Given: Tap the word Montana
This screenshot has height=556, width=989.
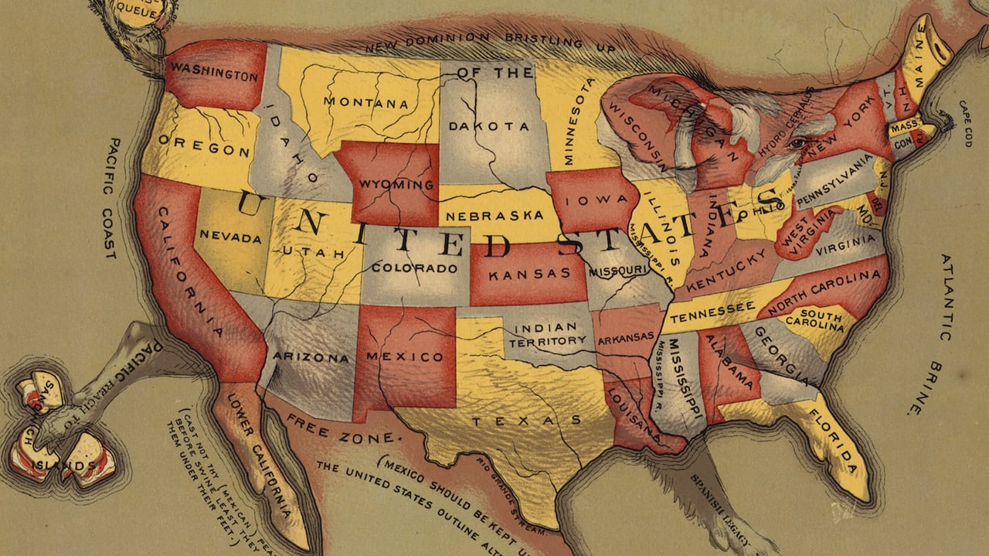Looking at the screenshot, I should click(366, 102).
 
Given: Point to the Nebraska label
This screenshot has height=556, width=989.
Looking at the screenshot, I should click(494, 215).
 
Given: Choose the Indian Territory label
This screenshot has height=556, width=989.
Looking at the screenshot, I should click(547, 334).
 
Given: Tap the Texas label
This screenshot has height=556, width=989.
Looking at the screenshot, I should click(527, 421).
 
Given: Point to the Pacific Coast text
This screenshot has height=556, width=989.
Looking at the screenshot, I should click(111, 198).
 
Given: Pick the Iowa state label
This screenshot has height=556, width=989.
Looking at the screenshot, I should click(589, 202).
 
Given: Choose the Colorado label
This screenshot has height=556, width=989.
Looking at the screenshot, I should click(414, 269).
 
